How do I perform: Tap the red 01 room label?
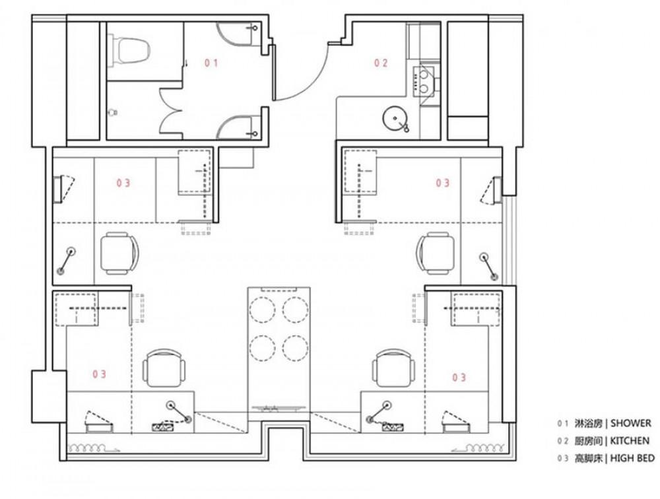(211, 63)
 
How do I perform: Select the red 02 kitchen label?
(381, 63)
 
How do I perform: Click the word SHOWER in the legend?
(630, 423)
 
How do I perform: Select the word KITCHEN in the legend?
(630, 441)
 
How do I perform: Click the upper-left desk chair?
(119, 253)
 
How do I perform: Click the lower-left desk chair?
(164, 368)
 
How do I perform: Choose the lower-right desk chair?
(393, 368)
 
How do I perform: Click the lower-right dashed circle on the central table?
(296, 348)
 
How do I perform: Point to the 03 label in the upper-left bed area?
(123, 183)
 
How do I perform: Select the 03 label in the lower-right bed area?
(459, 378)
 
